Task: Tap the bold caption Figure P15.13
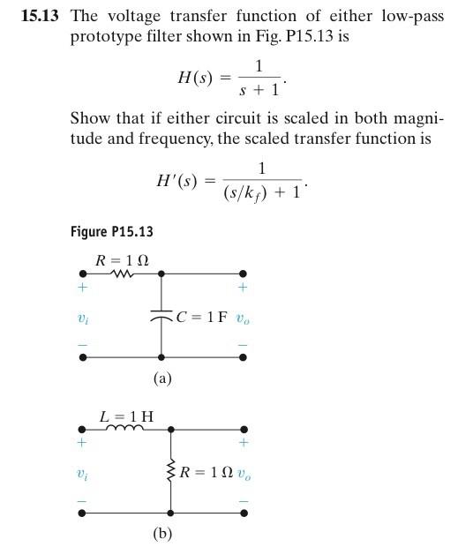click(111, 232)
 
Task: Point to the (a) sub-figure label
click(161, 378)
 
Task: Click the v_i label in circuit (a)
click(83, 318)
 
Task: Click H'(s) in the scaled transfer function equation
click(178, 180)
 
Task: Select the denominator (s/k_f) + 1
click(265, 190)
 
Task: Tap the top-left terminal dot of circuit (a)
click(83, 274)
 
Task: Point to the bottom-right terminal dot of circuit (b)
click(244, 512)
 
